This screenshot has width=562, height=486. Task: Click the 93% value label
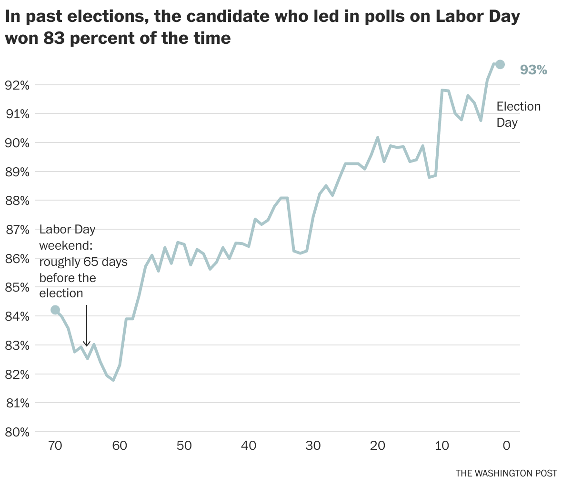pyautogui.click(x=533, y=70)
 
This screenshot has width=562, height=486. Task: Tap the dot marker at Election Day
pyautogui.click(x=500, y=64)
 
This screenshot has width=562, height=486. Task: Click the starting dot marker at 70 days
pyautogui.click(x=55, y=310)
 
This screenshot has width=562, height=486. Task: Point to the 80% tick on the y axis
pyautogui.click(x=17, y=432)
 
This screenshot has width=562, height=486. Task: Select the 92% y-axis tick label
pyautogui.click(x=17, y=85)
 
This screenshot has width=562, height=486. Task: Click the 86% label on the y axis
pyautogui.click(x=17, y=259)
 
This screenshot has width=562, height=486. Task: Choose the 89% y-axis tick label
pyautogui.click(x=17, y=172)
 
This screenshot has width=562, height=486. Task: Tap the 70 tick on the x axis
pyautogui.click(x=55, y=445)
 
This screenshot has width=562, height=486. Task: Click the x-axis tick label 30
pyautogui.click(x=313, y=445)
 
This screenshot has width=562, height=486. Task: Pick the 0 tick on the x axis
pyautogui.click(x=506, y=445)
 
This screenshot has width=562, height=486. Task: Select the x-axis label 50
pyautogui.click(x=184, y=445)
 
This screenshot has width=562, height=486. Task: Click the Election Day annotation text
pyautogui.click(x=518, y=114)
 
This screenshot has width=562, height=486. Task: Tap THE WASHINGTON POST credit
pyautogui.click(x=506, y=473)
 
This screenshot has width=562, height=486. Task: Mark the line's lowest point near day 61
pyautogui.click(x=113, y=380)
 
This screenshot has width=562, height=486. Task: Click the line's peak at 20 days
pyautogui.click(x=378, y=138)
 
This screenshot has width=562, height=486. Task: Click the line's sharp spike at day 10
pyautogui.click(x=442, y=90)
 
